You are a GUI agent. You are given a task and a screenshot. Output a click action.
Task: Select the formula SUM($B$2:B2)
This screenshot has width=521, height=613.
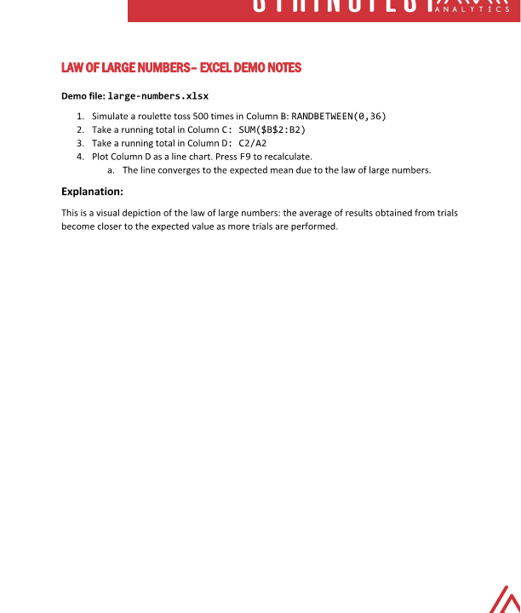tap(266, 129)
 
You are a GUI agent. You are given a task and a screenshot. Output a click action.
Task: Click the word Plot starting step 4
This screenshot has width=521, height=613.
tap(100, 157)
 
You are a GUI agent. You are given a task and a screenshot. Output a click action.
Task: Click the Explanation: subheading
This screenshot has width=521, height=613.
tap(93, 192)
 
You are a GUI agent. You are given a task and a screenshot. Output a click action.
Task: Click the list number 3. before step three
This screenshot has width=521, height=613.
tap(80, 143)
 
